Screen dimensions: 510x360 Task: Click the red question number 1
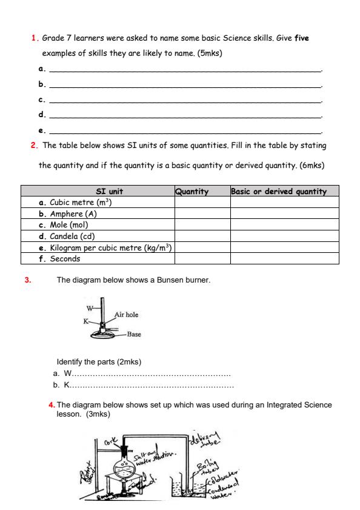(33, 38)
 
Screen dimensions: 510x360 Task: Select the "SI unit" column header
(97, 192)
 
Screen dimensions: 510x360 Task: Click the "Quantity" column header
(192, 192)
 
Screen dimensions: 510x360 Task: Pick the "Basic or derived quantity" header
(279, 192)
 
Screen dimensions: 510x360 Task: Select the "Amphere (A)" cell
(70, 213)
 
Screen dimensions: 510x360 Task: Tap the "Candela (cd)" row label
(72, 236)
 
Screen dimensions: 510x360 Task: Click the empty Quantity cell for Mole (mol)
(202, 225)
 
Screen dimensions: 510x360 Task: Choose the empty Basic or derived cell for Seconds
(284, 258)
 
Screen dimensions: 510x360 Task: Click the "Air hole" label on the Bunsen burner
(127, 315)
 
